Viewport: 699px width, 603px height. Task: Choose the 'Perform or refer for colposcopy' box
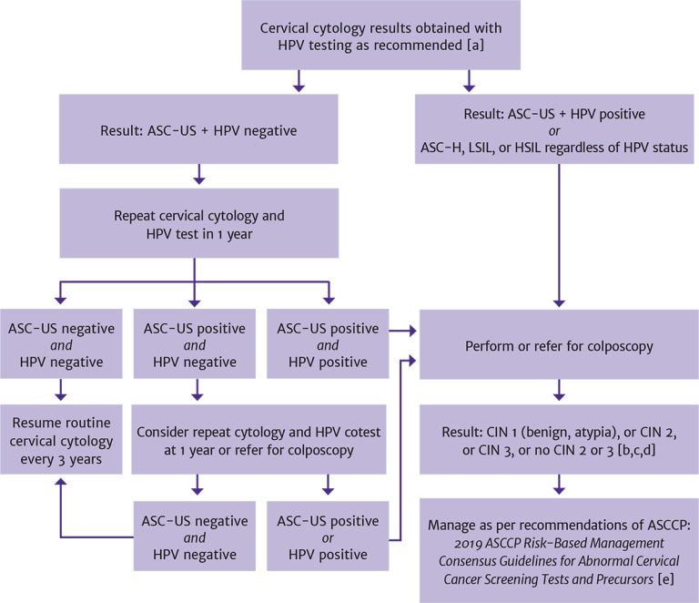559,347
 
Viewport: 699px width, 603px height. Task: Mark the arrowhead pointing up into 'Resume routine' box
59,485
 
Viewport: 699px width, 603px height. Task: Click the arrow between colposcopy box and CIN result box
559,395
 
